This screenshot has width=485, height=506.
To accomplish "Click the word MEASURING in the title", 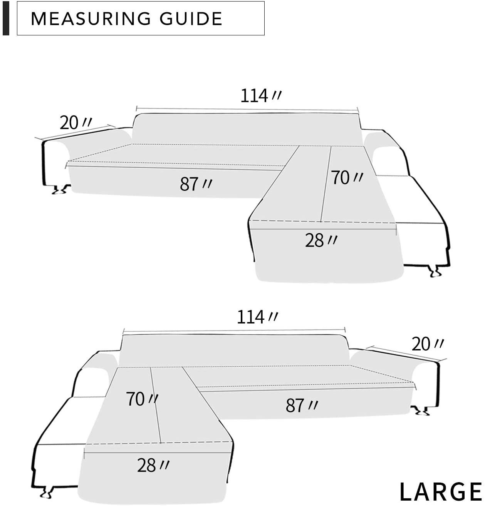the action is tap(91, 19).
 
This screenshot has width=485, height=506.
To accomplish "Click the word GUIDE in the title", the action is tap(191, 19).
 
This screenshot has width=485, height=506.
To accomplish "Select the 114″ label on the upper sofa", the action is tap(260, 96).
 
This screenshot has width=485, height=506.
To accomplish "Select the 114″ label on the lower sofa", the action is tap(257, 317).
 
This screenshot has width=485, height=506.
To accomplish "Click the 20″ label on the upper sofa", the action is tap(76, 123).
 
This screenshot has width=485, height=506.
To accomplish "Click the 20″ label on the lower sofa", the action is tap(428, 344).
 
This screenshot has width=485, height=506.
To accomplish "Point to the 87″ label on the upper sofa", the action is tap(196, 184).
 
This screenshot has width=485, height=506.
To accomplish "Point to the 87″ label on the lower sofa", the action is tap(302, 405).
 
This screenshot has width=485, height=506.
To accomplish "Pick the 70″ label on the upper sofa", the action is tap(347, 178).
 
